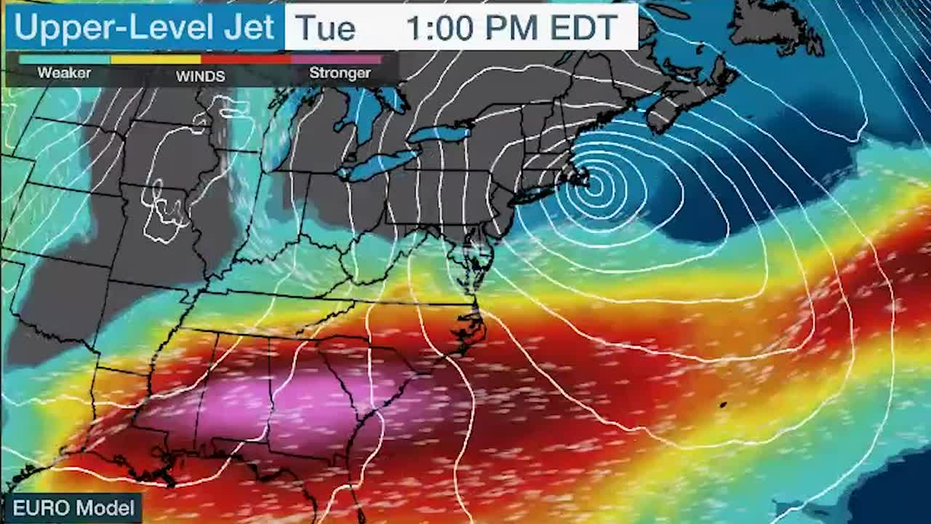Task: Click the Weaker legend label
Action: coord(64,73)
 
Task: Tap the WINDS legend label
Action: coord(200,76)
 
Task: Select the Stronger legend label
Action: coord(340,73)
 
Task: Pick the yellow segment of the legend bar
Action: coord(156,60)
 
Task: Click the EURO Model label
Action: coord(73,507)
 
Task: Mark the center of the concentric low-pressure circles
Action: coord(595,183)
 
